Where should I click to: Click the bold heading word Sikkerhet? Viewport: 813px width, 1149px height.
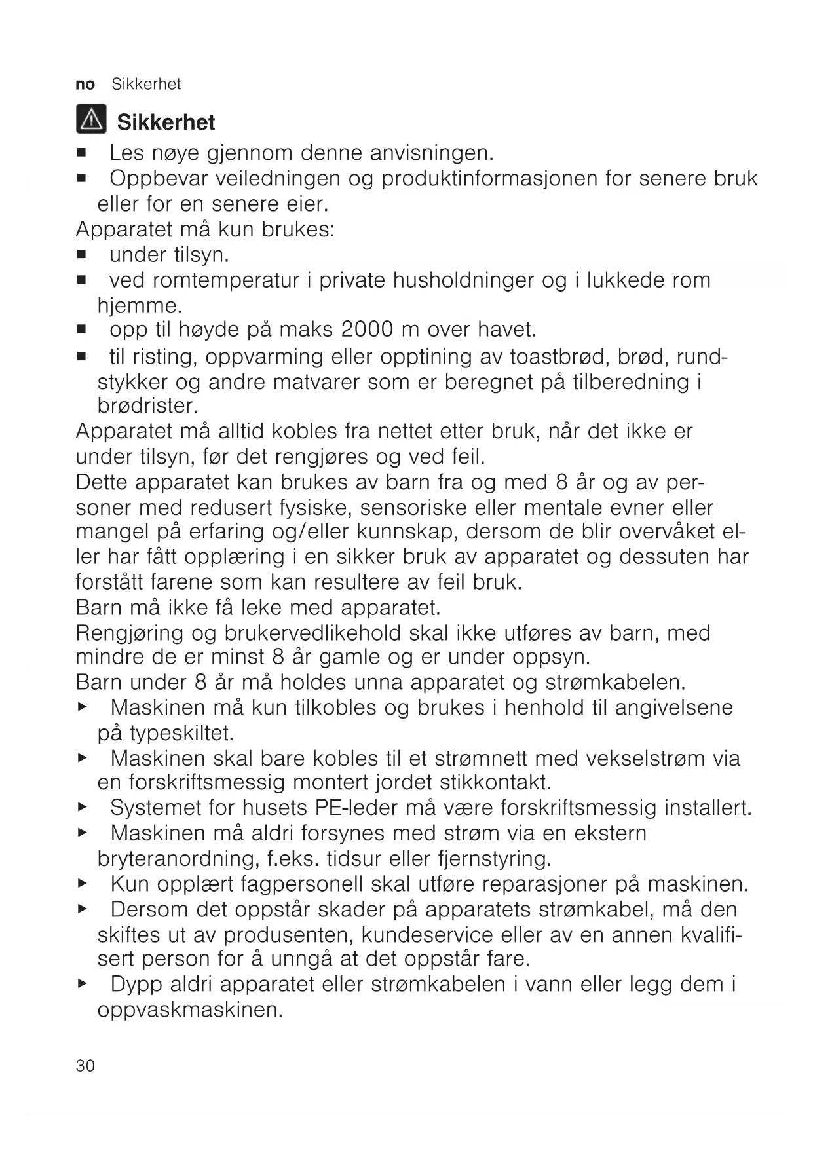[166, 122]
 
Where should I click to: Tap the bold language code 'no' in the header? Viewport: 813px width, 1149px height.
[85, 85]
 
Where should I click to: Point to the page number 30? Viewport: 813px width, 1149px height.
[85, 1066]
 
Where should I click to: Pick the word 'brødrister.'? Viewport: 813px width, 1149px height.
[147, 406]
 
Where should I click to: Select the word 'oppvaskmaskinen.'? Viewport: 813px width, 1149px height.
[190, 1010]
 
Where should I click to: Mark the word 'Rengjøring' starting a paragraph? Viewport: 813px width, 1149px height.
[130, 633]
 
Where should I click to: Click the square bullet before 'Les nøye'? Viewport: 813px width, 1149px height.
[81, 154]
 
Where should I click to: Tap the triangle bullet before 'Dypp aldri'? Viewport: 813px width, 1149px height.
[82, 984]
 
